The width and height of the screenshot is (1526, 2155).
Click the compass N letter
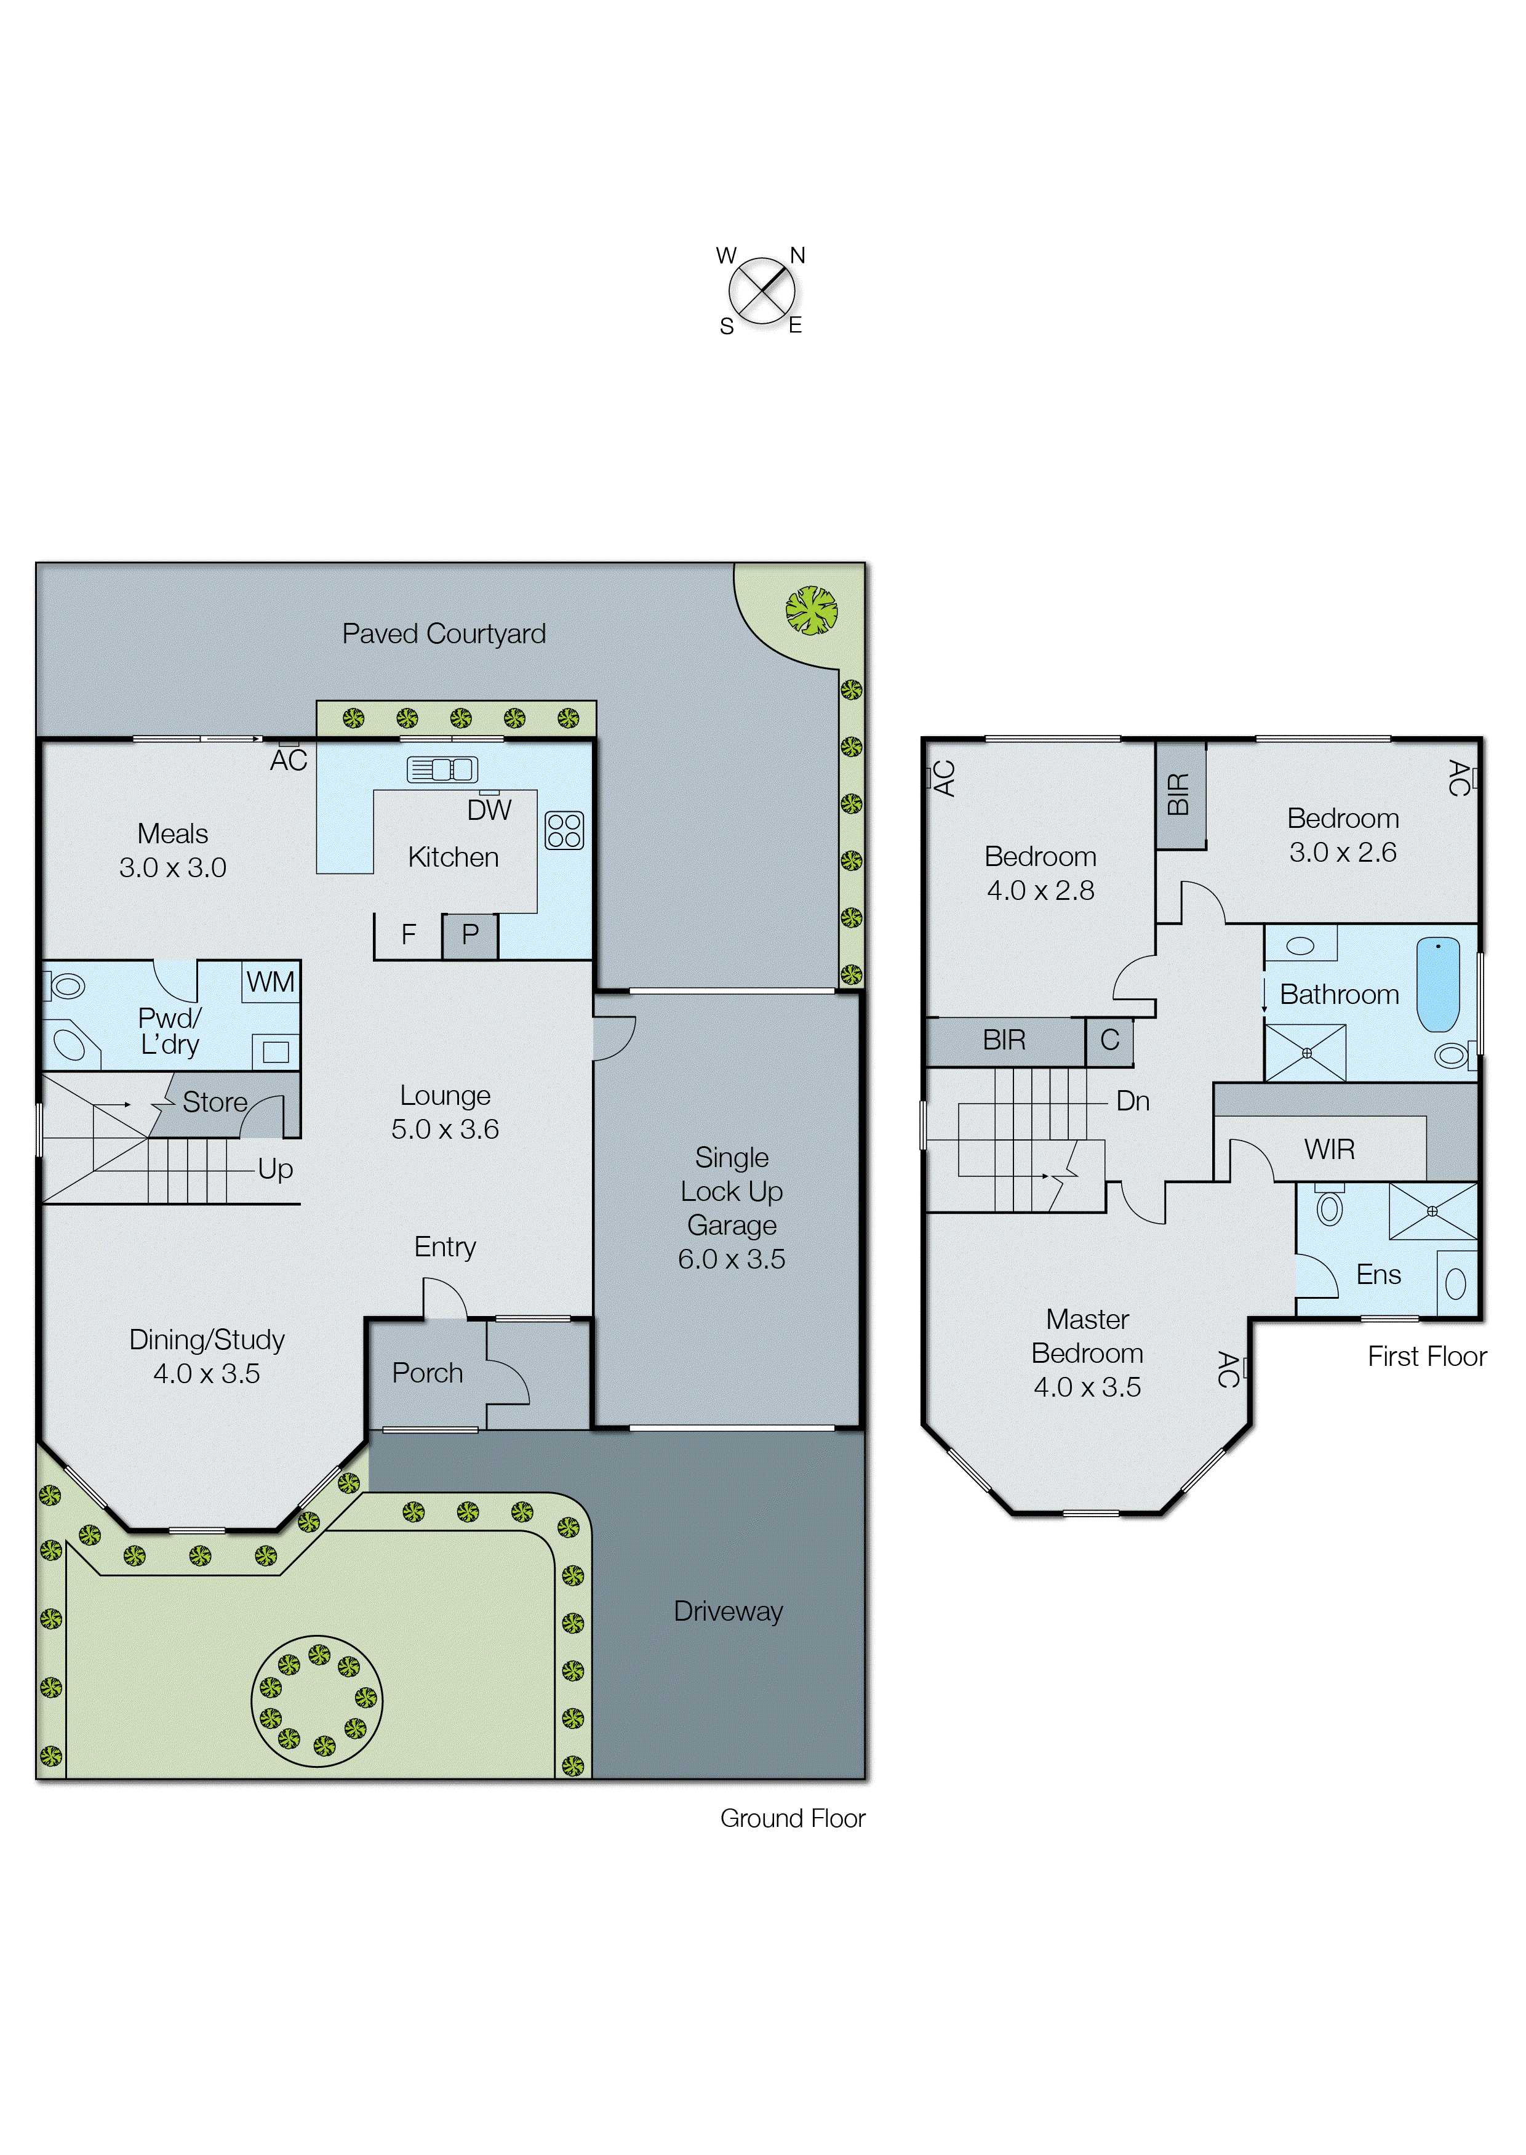point(797,255)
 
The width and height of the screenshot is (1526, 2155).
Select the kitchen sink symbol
point(442,769)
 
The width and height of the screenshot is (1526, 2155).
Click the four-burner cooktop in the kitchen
point(564,830)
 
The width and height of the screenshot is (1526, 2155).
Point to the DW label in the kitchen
point(489,810)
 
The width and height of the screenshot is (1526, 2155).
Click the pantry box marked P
point(470,935)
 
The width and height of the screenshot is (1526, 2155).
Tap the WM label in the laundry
point(271,982)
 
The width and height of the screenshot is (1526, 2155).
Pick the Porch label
point(428,1373)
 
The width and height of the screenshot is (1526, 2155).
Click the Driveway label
point(728,1611)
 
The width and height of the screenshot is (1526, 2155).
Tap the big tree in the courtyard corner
point(811,611)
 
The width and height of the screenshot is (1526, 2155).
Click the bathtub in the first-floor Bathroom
point(1437,984)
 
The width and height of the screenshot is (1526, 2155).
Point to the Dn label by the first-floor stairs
point(1132,1101)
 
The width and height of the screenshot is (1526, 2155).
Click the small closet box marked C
point(1109,1040)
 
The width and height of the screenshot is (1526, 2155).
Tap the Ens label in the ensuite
point(1378,1275)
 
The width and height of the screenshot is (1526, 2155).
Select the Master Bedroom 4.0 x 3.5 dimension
point(1087,1387)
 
